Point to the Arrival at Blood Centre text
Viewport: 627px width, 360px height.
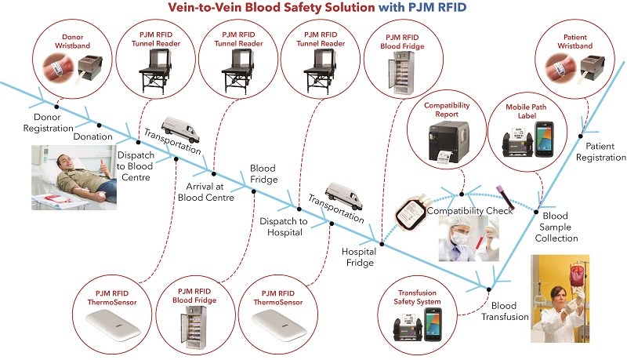point(207,192)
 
